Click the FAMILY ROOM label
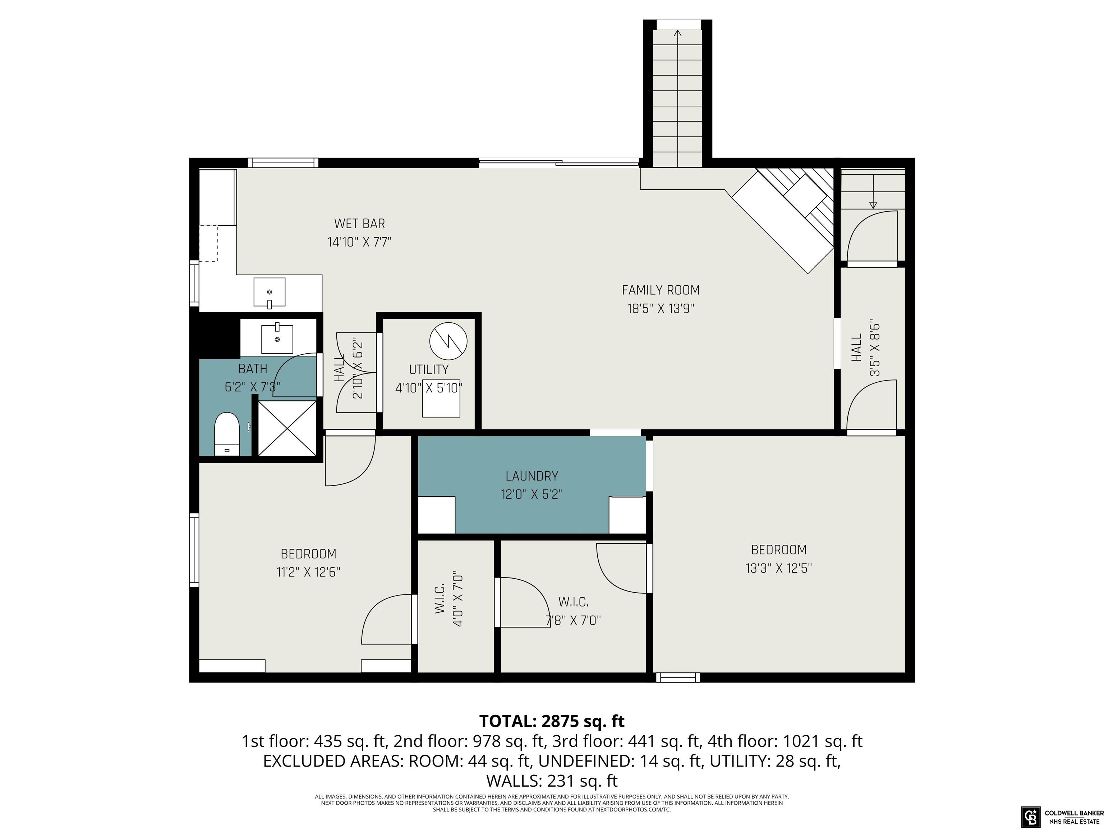point(660,290)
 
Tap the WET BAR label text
point(359,224)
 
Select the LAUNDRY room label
point(532,476)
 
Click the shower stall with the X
point(287,428)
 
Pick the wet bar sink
point(270,292)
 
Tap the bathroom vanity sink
point(277,339)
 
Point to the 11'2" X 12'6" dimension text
point(308,572)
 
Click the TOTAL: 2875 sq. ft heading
point(552,721)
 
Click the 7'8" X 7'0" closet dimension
point(573,620)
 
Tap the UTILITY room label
point(429,369)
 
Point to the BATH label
point(253,369)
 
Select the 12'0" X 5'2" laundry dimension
point(532,494)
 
